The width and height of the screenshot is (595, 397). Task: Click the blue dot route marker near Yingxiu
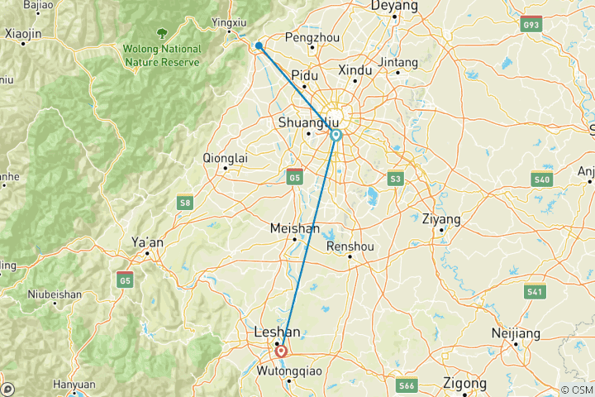259,46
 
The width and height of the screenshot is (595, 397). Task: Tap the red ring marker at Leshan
281,351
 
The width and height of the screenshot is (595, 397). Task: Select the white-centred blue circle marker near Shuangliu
336,134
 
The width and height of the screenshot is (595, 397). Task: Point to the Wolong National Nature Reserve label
162,54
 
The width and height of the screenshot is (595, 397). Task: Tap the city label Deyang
395,6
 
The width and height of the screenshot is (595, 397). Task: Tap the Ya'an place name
148,242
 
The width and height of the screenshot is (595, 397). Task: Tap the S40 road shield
542,179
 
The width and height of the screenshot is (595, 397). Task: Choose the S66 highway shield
407,385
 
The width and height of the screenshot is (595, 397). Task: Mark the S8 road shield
184,201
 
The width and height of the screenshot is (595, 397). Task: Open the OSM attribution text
578,390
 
